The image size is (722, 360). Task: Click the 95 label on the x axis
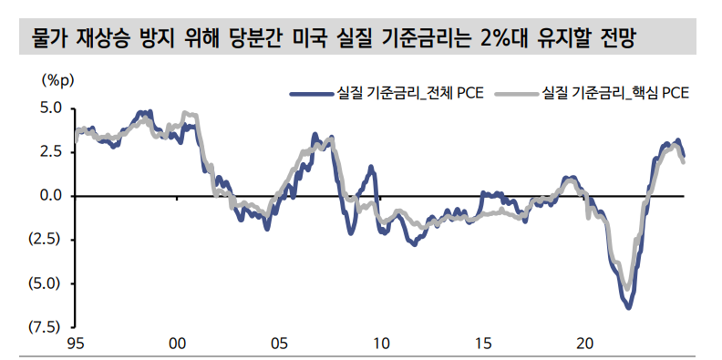pos(77,344)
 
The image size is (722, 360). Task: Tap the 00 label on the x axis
pos(178,344)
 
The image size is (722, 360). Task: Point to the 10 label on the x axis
pos(381,344)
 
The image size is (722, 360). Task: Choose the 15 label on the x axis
pos(483,344)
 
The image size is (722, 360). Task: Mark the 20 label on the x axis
pos(584,344)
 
